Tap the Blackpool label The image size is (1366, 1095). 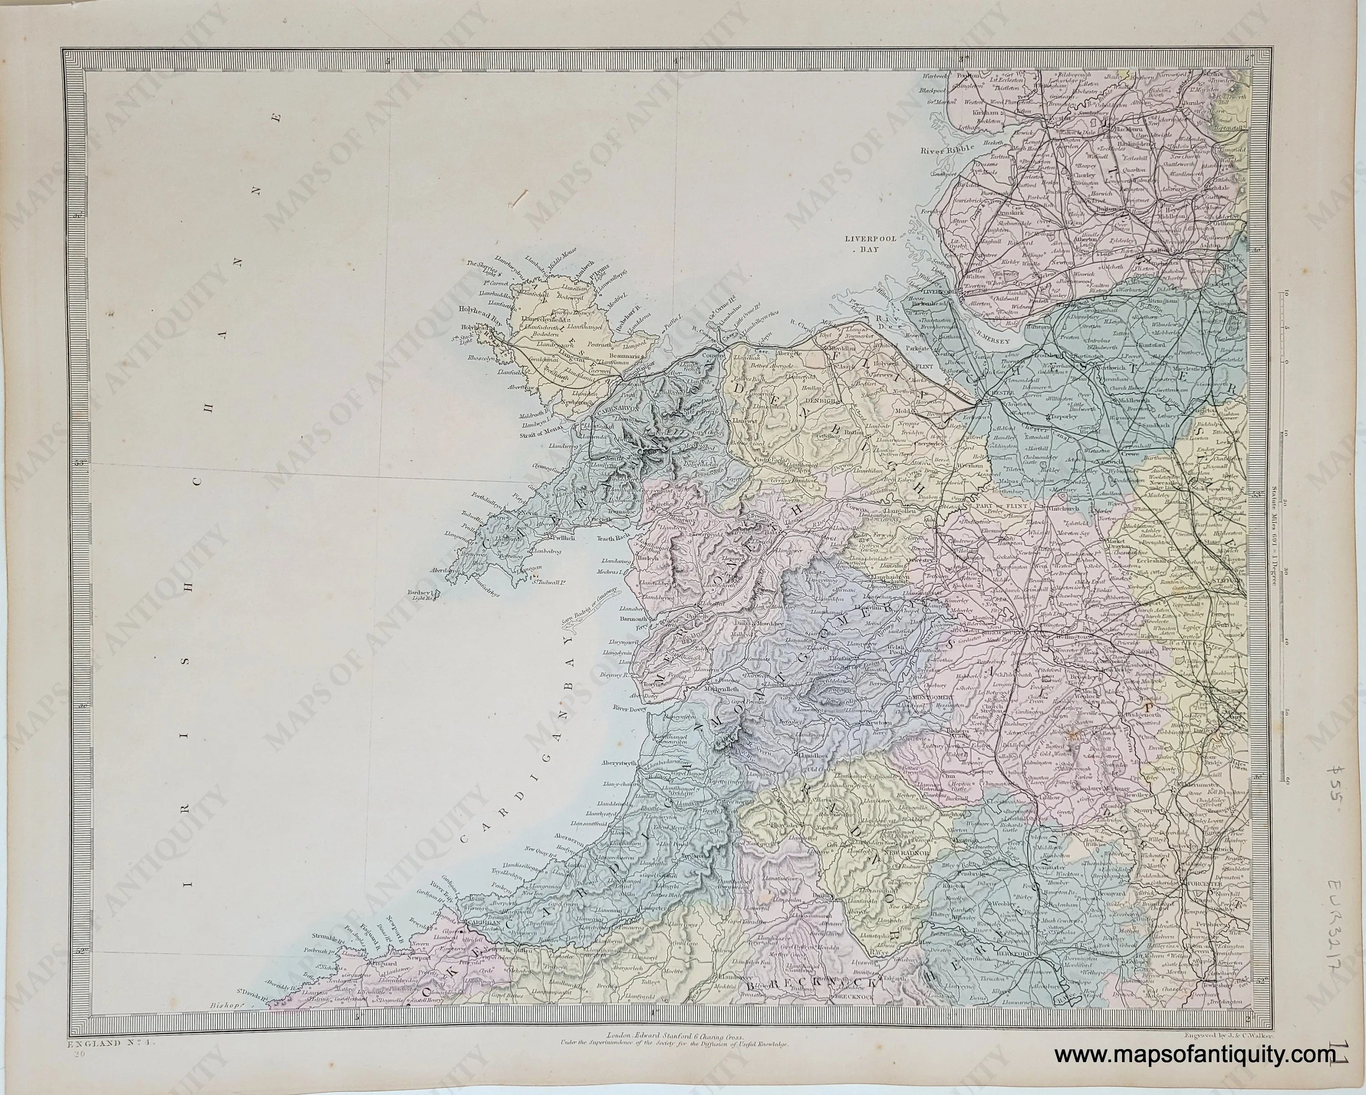[x=937, y=91]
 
